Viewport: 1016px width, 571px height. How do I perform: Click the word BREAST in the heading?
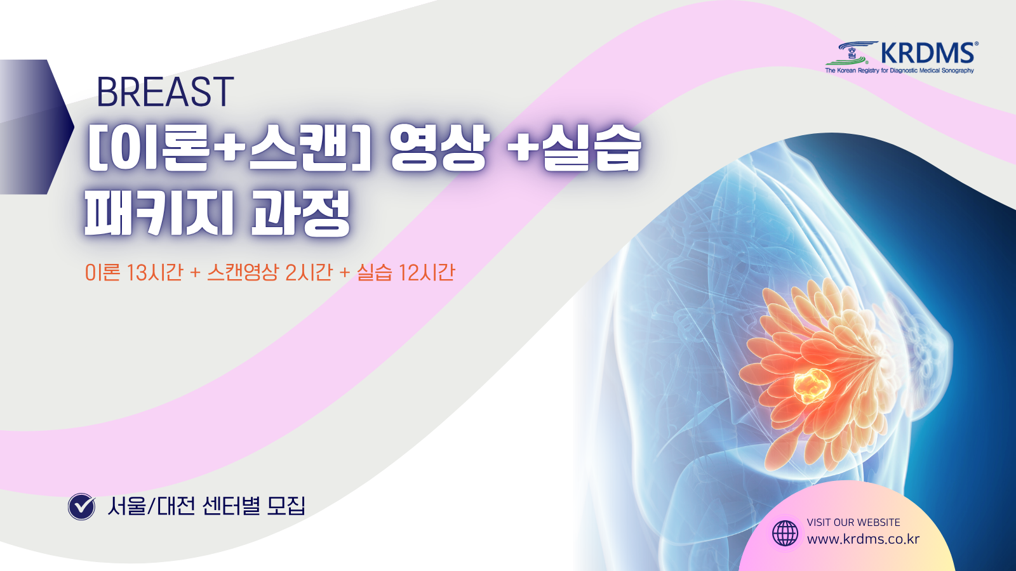(x=165, y=92)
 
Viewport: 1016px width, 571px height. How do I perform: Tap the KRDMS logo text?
(x=928, y=53)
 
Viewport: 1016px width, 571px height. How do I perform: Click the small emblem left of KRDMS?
(x=852, y=53)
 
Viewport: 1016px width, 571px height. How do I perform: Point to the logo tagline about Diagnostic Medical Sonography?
(x=899, y=70)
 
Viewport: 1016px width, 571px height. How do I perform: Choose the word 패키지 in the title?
(x=159, y=213)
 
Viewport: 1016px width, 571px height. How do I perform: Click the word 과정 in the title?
(x=301, y=213)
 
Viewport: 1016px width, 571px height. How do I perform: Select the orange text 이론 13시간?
(x=134, y=272)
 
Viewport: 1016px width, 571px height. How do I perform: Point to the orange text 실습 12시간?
(x=406, y=272)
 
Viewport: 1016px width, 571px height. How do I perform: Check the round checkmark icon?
(x=82, y=506)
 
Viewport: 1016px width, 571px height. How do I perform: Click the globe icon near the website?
(x=785, y=533)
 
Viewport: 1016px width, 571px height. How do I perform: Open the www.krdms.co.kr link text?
(x=863, y=539)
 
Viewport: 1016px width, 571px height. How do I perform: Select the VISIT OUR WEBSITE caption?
(x=853, y=523)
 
